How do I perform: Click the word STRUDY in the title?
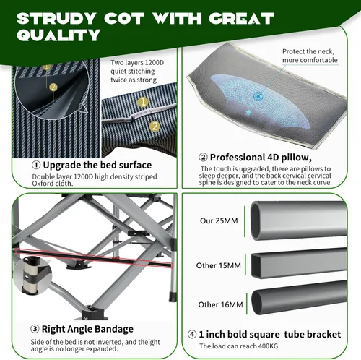tap(57, 18)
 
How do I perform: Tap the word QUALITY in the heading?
tap(58, 35)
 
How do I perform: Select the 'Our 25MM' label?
tap(219, 220)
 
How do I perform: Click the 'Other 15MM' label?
tap(218, 265)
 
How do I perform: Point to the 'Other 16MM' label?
tap(220, 305)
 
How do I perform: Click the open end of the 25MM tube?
tap(258, 220)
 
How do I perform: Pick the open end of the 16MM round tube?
tap(258, 302)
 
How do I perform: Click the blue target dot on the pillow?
tap(258, 97)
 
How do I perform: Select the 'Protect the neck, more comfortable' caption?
tap(310, 56)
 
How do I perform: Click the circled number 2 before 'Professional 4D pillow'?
tap(203, 158)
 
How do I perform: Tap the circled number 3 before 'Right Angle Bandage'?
tap(35, 329)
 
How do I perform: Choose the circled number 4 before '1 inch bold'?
tap(192, 335)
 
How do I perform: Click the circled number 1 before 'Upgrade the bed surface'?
tap(36, 165)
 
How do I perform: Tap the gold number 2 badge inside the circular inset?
tap(53, 87)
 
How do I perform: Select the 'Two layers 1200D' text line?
tap(137, 63)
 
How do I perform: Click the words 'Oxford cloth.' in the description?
tap(53, 184)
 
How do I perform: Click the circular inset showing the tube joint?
tap(32, 275)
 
